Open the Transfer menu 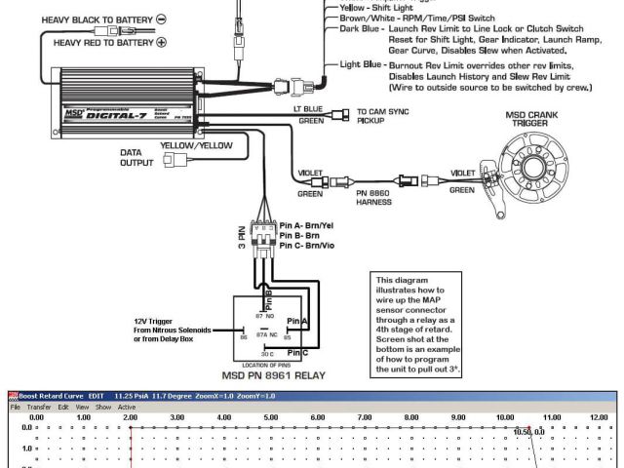[38, 407]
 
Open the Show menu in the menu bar [103, 407]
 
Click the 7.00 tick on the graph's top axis [364, 417]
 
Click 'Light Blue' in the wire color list [361, 64]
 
